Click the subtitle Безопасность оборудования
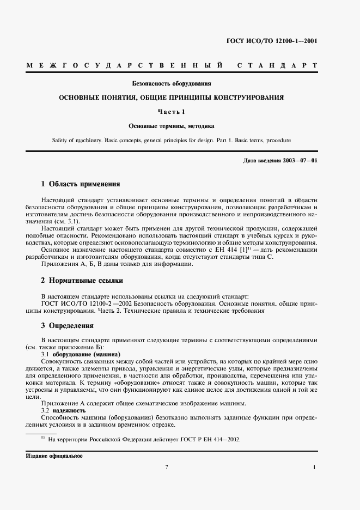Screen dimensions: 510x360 [172, 84]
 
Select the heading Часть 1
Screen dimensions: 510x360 [172, 112]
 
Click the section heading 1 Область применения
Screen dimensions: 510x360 [81, 184]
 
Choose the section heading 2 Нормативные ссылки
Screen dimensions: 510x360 [82, 281]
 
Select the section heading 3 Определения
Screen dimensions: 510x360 [68, 326]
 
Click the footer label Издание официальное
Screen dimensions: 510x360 [54, 456]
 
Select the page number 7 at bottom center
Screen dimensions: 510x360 [167, 467]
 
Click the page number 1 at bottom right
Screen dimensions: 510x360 [315, 467]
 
